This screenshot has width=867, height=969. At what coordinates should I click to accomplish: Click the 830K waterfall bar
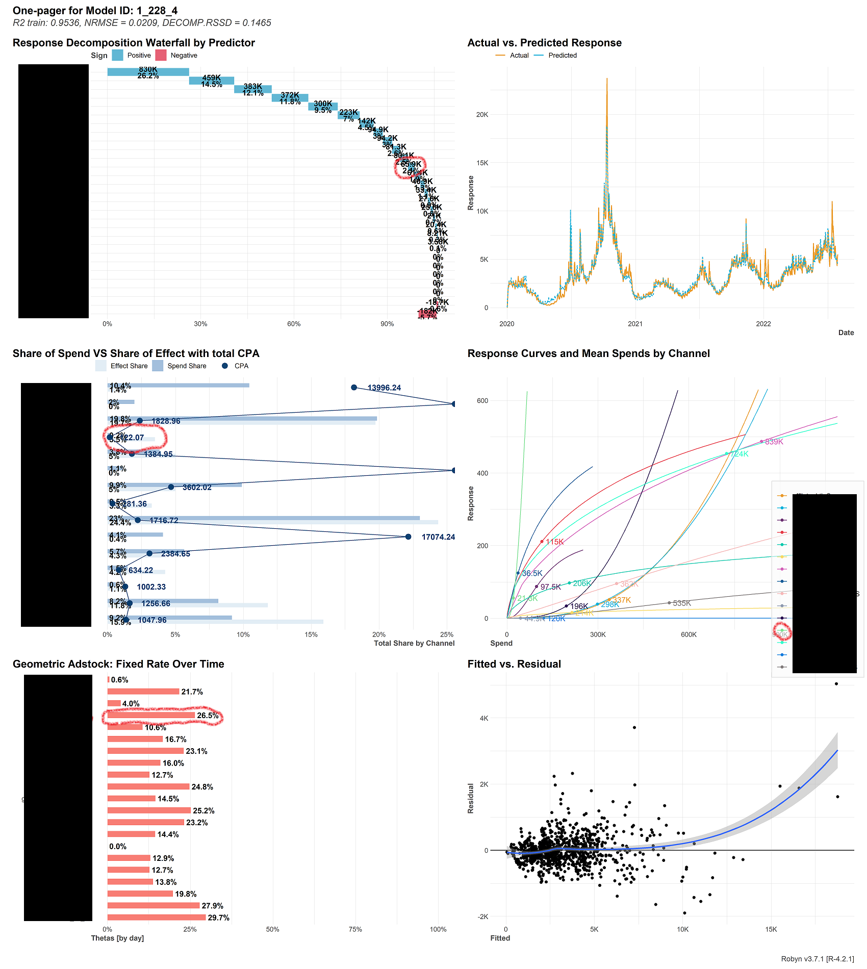pyautogui.click(x=148, y=72)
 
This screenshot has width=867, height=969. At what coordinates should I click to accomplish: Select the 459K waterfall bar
pyautogui.click(x=211, y=81)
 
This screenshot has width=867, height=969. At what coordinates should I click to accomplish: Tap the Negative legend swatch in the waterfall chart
pyautogui.click(x=161, y=55)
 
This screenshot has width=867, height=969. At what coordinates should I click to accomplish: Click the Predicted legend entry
pyautogui.click(x=562, y=55)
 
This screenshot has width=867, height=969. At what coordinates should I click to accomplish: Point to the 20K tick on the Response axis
pyautogui.click(x=482, y=115)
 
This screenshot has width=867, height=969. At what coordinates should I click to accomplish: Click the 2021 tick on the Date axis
pyautogui.click(x=635, y=323)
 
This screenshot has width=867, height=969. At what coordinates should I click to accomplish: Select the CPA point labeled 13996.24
pyautogui.click(x=354, y=388)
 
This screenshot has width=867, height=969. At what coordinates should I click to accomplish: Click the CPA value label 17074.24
pyautogui.click(x=438, y=537)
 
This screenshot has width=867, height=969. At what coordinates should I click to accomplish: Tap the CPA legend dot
pyautogui.click(x=224, y=366)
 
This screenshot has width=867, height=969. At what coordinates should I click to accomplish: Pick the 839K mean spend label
pyautogui.click(x=774, y=442)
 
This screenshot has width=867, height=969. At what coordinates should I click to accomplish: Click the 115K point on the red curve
pyautogui.click(x=542, y=542)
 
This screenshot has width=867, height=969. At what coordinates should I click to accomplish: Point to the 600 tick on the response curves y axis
pyautogui.click(x=482, y=401)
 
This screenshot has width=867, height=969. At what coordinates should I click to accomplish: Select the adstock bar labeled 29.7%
pyautogui.click(x=156, y=917)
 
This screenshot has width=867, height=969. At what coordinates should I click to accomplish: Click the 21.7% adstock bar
pyautogui.click(x=143, y=692)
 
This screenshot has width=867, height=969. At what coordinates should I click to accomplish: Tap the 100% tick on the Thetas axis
pyautogui.click(x=438, y=929)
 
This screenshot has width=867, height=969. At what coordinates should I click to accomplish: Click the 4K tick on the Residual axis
pyautogui.click(x=483, y=718)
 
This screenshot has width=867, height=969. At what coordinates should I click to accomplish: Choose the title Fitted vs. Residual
pyautogui.click(x=514, y=664)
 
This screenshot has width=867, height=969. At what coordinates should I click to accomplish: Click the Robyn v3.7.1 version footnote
pyautogui.click(x=817, y=959)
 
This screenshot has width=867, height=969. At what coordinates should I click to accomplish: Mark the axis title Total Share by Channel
pyautogui.click(x=414, y=643)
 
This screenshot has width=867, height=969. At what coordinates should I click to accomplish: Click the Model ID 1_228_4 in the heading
pyautogui.click(x=157, y=11)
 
